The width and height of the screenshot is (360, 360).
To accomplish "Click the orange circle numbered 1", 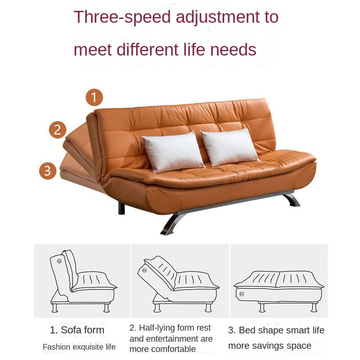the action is point(94,97).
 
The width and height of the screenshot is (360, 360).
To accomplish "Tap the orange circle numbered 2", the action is point(58,130).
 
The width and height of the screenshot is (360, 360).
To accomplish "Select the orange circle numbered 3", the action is point(48,171).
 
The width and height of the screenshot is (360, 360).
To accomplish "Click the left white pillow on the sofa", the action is point(173,152).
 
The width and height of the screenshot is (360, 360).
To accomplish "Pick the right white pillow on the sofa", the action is point(229,147).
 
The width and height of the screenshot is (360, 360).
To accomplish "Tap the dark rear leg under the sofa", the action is point(121,208).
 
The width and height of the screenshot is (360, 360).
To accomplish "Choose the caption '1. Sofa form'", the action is point(77,330).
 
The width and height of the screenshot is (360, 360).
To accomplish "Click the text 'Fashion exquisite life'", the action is point(79,347).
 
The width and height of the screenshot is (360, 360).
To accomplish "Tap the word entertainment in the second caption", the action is point(180,339).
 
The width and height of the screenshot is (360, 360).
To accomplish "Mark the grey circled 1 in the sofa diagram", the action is point(59,261).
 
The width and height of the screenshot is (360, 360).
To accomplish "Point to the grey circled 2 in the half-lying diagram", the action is point(145,270).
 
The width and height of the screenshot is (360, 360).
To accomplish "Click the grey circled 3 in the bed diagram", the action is point(241,294).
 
